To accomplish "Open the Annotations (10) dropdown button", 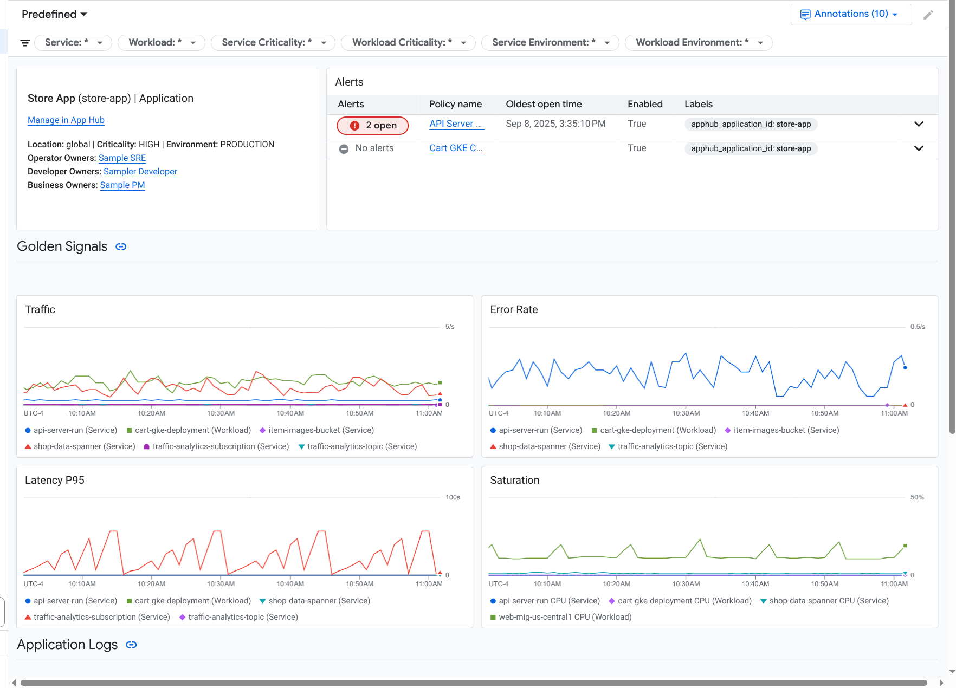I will (850, 14).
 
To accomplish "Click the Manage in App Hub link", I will (66, 120).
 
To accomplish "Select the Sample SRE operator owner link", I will (122, 158).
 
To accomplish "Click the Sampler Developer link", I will (140, 172).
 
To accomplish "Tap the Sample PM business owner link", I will (122, 185).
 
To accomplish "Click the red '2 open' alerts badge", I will (372, 125).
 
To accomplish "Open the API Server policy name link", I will (456, 124).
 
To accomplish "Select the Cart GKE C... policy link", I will (456, 148).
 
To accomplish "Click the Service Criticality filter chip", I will (273, 43).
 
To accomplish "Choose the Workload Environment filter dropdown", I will (699, 43).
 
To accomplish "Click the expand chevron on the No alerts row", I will (919, 148).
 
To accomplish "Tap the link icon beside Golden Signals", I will (121, 247).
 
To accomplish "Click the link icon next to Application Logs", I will (131, 645).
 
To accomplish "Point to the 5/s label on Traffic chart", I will (450, 327).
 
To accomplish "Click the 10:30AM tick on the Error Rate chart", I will (686, 413).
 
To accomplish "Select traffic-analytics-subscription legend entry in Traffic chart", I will (204, 446).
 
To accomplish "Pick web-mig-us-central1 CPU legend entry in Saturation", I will (565, 617).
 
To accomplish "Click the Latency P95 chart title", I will (55, 481).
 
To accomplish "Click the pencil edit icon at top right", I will (928, 15).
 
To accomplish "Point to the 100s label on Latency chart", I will (453, 497).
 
